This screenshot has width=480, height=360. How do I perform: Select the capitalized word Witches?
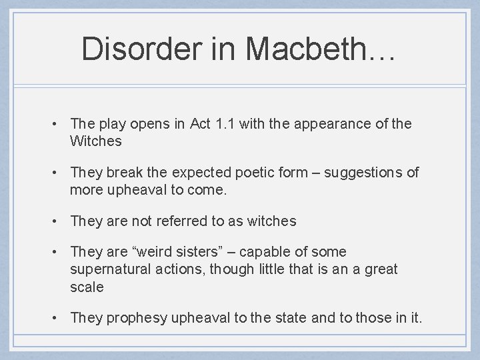click(x=96, y=141)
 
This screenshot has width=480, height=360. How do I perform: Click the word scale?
click(x=87, y=287)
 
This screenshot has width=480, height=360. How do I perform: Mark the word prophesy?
click(x=137, y=318)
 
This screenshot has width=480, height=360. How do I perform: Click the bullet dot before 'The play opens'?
click(x=59, y=124)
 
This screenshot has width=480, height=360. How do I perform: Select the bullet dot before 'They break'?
click(x=59, y=173)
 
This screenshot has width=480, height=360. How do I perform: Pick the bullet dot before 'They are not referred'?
click(x=59, y=221)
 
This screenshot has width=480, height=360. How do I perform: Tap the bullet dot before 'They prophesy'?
click(x=59, y=318)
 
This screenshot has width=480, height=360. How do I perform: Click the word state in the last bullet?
click(x=291, y=318)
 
